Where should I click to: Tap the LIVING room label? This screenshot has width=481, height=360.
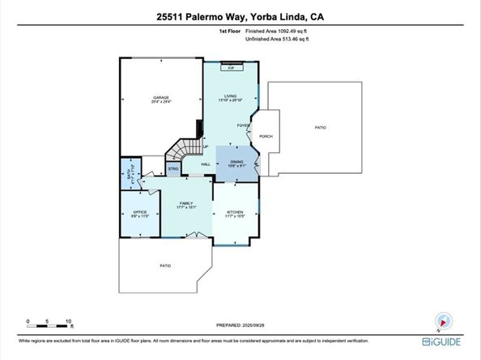pyautogui.click(x=230, y=97)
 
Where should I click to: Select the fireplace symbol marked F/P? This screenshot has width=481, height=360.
pyautogui.click(x=231, y=68)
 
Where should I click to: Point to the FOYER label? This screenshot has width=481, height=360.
pyautogui.click(x=242, y=125)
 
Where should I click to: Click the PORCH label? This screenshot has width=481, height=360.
pyautogui.click(x=265, y=136)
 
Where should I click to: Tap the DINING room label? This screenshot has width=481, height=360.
pyautogui.click(x=236, y=162)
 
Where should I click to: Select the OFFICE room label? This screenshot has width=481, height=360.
pyautogui.click(x=134, y=213)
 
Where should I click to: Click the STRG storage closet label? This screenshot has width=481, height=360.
pyautogui.click(x=172, y=169)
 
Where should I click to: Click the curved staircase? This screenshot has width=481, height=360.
pyautogui.click(x=187, y=151)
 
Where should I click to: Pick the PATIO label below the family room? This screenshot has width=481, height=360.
pyautogui.click(x=164, y=265)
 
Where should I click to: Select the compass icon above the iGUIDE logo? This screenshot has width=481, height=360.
pyautogui.click(x=442, y=319)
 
